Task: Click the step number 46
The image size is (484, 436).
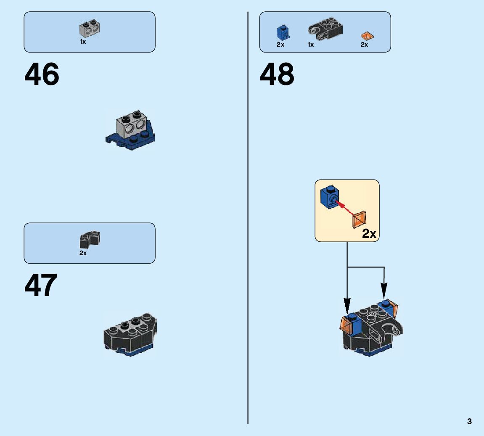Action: (42, 75)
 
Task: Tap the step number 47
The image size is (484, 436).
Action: (41, 286)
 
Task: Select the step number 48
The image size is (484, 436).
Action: (277, 75)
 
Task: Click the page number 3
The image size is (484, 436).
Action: (469, 421)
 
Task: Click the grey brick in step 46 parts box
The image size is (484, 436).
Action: (90, 28)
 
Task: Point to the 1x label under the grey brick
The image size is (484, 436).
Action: (83, 42)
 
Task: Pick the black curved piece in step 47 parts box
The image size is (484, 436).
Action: (90, 240)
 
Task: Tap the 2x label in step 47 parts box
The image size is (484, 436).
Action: (83, 253)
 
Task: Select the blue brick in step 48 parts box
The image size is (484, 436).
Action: (283, 32)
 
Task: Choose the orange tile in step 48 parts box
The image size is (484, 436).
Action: (367, 36)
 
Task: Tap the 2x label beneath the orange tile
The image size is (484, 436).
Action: (364, 45)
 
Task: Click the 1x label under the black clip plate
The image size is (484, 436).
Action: (311, 45)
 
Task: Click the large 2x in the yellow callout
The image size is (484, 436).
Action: (369, 234)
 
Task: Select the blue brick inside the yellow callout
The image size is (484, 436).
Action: (329, 196)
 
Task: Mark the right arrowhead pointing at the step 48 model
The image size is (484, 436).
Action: (384, 291)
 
